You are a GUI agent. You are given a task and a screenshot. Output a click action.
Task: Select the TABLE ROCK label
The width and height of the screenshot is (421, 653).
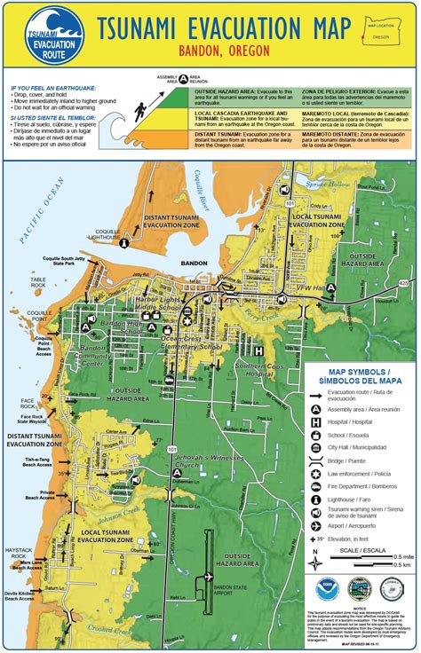tap(37, 283)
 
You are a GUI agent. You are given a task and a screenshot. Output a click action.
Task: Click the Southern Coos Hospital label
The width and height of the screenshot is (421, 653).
tap(234, 366)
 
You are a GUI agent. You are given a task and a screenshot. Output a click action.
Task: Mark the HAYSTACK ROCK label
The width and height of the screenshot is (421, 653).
tap(20, 552)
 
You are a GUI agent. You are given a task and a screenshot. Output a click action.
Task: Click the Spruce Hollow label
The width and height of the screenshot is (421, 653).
tap(349, 187)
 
